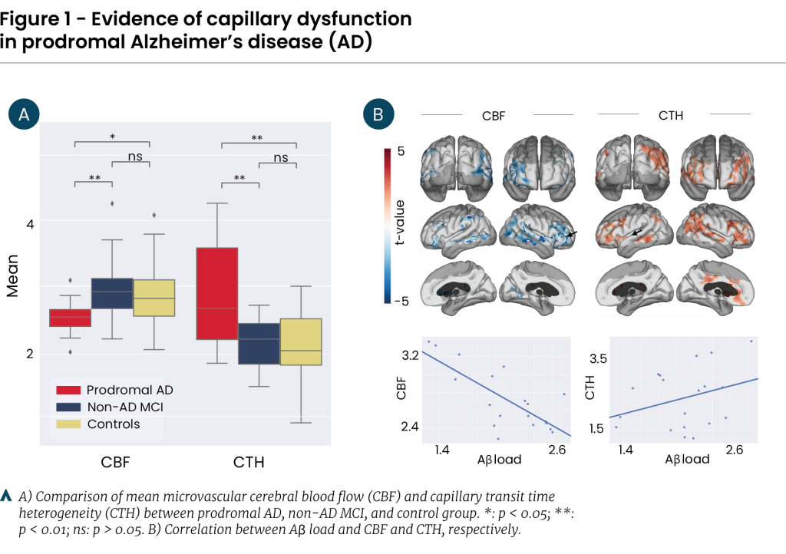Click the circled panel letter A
click(24, 115)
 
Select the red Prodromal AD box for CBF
click(70, 317)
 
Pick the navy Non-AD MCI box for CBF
click(112, 293)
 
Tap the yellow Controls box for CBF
click(154, 298)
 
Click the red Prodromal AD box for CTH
click(217, 293)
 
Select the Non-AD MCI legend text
click(125, 407)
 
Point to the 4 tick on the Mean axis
click(30, 225)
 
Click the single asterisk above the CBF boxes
click(112, 137)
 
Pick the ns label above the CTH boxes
click(281, 158)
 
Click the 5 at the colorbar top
click(400, 153)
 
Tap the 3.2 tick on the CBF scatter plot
click(409, 355)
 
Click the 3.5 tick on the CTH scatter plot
click(596, 359)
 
